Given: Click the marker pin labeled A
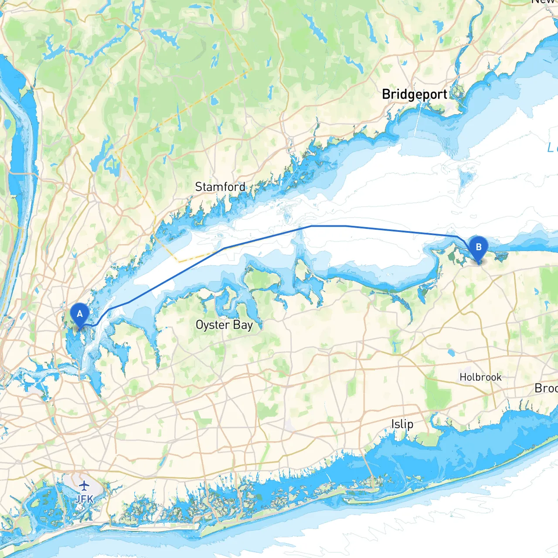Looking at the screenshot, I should [80, 315].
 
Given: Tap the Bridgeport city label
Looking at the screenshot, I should [414, 94].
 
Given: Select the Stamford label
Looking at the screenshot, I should [220, 187].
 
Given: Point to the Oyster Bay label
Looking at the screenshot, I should [224, 325].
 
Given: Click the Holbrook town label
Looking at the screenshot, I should [480, 377].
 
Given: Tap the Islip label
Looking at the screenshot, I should [402, 424].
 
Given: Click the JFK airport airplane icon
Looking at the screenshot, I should [84, 485].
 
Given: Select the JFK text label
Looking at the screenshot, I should [84, 499].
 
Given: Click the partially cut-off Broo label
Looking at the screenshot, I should [546, 388].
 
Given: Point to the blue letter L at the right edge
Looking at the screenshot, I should [552, 148].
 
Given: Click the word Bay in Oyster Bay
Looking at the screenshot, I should [243, 325].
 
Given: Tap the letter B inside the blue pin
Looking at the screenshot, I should [478, 247].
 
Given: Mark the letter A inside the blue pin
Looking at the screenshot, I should [80, 313].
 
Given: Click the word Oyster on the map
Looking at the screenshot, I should [213, 325].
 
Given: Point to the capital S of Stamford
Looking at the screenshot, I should [199, 187].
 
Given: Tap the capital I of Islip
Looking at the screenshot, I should [393, 424].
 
